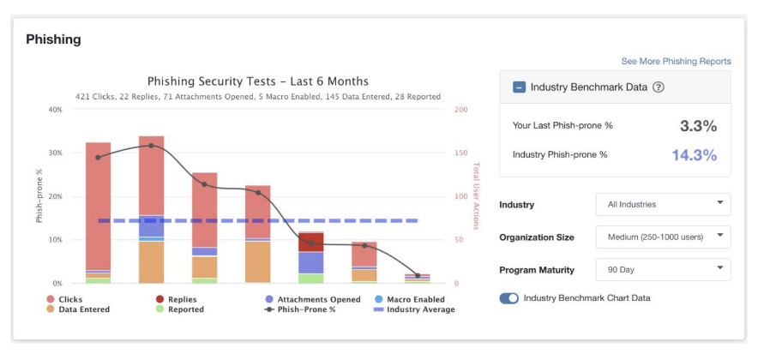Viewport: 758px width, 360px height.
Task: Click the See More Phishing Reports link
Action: click(x=676, y=62)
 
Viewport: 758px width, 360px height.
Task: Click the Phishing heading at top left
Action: click(x=53, y=39)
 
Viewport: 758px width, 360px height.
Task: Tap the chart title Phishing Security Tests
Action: click(x=258, y=81)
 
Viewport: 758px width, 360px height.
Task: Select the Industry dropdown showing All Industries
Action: click(x=663, y=205)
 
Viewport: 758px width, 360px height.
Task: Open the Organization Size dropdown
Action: click(x=663, y=237)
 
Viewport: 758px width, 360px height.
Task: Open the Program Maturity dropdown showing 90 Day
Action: click(x=663, y=270)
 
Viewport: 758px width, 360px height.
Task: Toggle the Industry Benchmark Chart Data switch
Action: click(x=509, y=298)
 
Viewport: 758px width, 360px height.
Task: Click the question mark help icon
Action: click(x=659, y=87)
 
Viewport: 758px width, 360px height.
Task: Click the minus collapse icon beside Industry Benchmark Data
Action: click(x=519, y=87)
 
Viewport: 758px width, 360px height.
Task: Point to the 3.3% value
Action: click(x=698, y=126)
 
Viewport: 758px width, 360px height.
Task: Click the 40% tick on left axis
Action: click(x=55, y=110)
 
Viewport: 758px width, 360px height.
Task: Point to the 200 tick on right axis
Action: click(x=460, y=110)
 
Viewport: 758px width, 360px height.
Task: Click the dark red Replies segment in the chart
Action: click(x=310, y=241)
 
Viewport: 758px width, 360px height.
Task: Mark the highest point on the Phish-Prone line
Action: click(x=152, y=146)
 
